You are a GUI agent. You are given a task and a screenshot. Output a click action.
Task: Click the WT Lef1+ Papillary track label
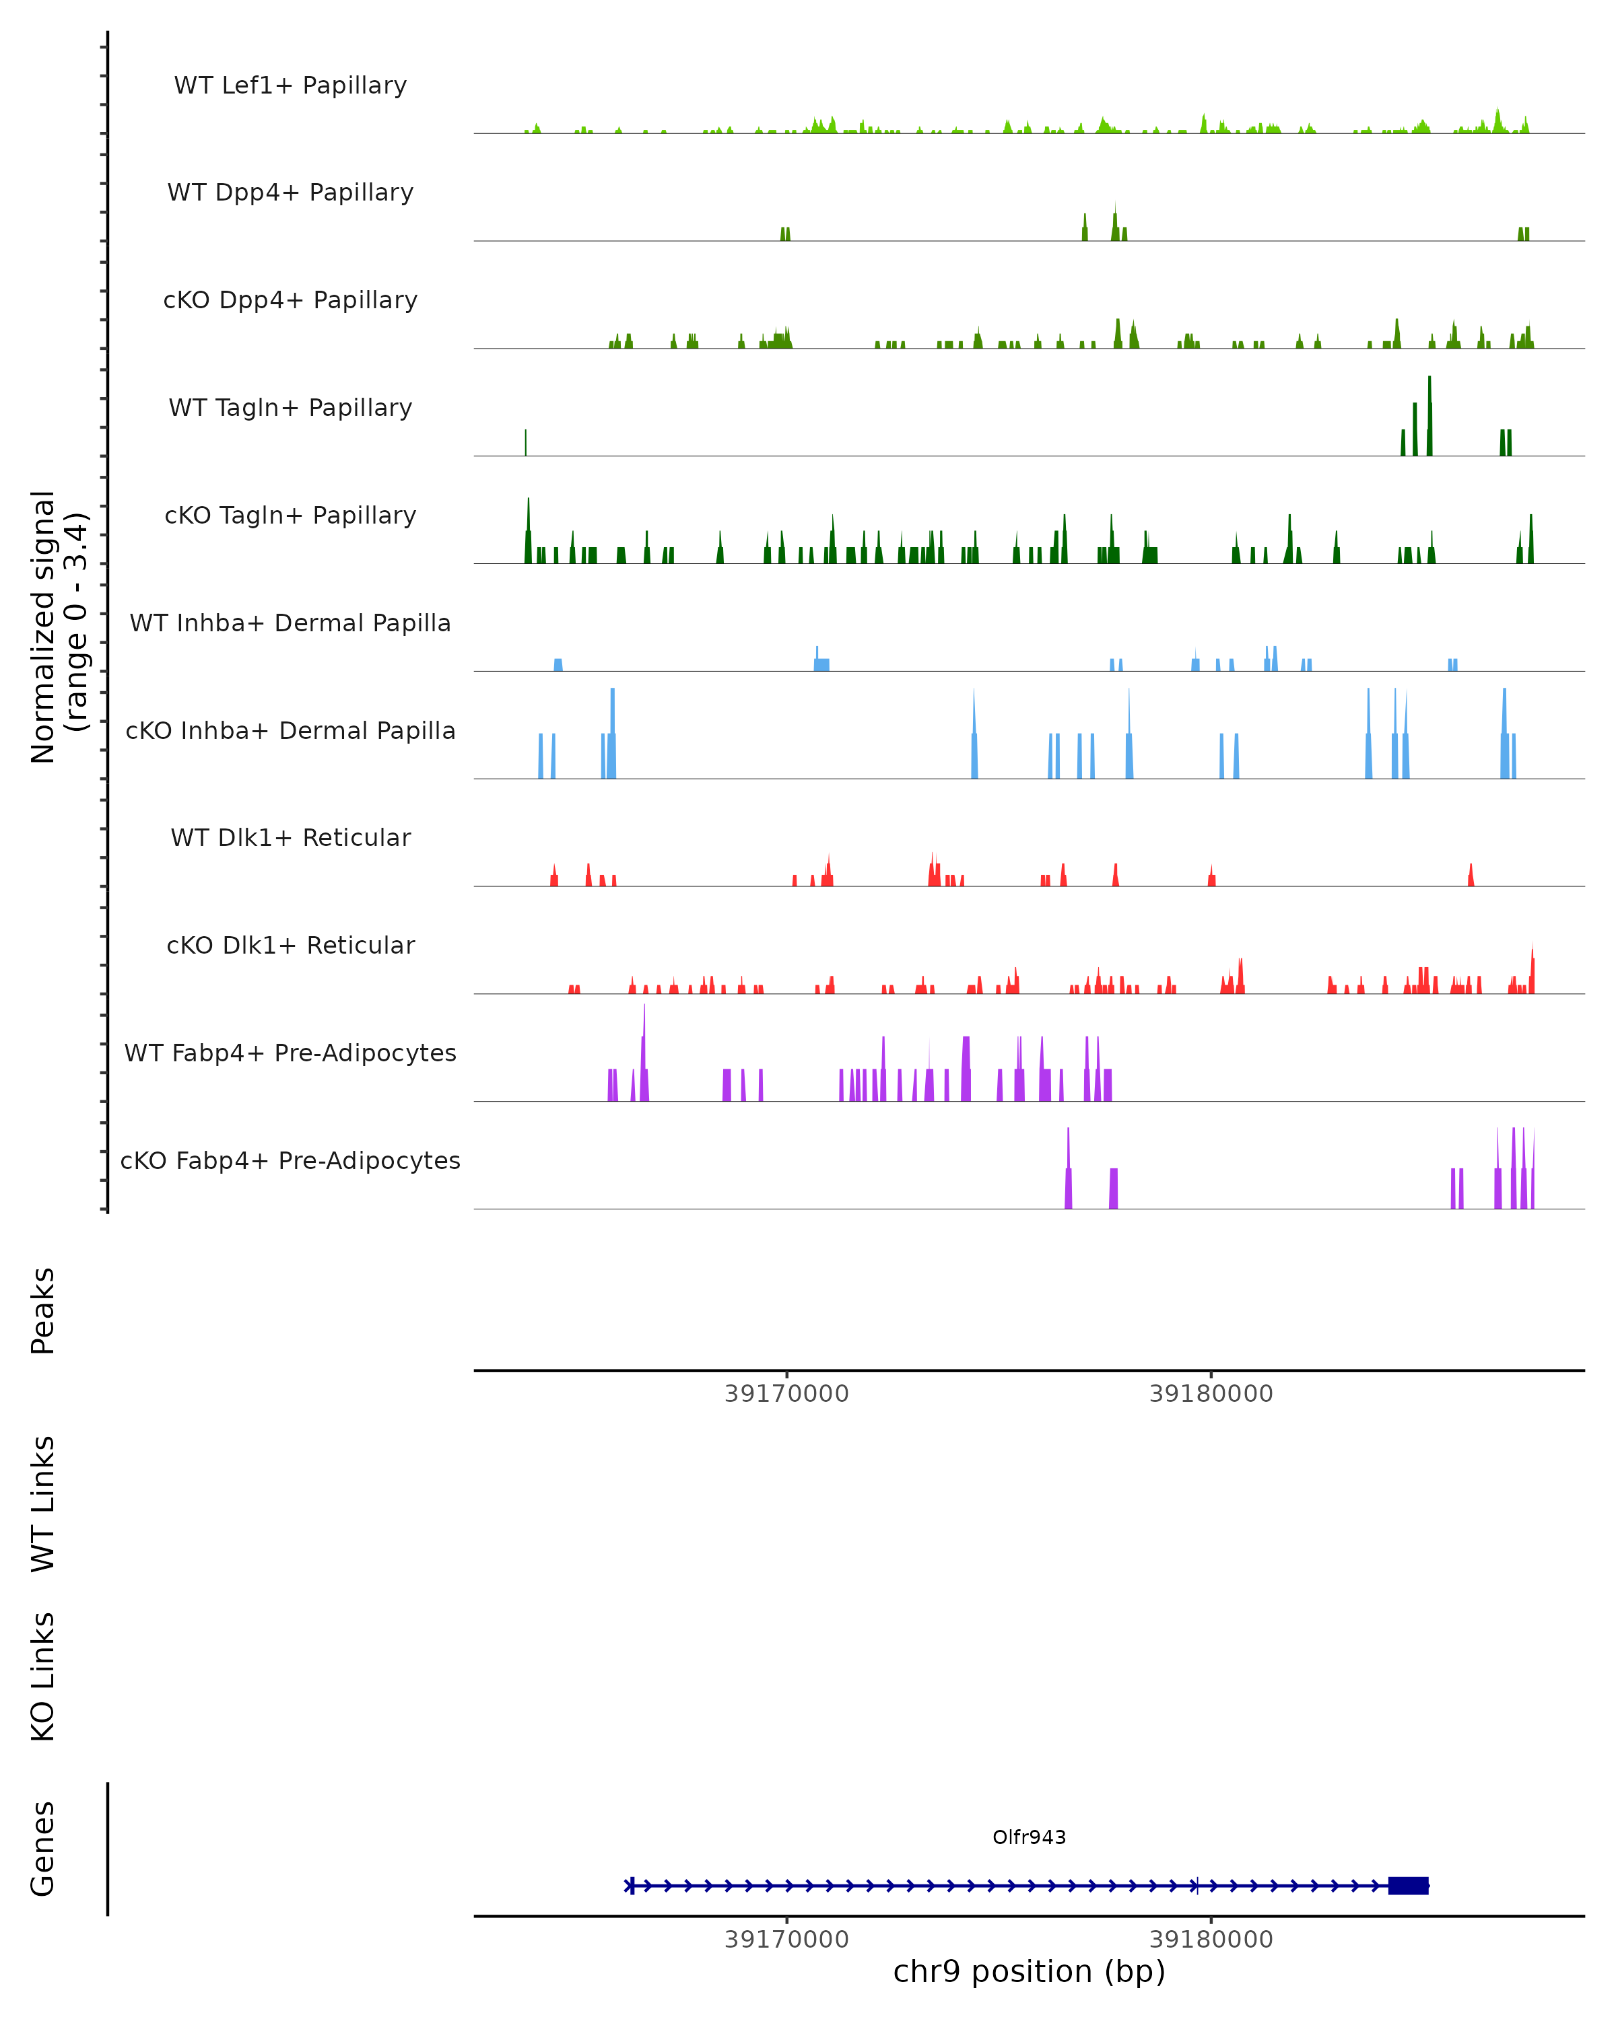click(x=290, y=85)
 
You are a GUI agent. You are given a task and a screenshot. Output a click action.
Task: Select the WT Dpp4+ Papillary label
click(x=290, y=192)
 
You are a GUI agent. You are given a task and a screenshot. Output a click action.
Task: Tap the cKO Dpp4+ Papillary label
click(x=290, y=299)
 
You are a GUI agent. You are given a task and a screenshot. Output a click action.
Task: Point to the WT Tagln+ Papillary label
click(x=290, y=407)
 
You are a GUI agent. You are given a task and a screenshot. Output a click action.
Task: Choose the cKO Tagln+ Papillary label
click(x=290, y=515)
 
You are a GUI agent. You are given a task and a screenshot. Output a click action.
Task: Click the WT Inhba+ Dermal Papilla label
click(x=290, y=623)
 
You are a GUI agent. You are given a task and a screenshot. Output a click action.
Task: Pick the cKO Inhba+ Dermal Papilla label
click(x=290, y=730)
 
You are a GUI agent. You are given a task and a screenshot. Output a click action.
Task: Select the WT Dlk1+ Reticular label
click(x=290, y=837)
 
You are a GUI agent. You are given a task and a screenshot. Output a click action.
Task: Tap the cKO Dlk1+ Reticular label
click(x=290, y=945)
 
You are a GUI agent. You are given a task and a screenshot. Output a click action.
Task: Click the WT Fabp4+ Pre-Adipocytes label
click(x=290, y=1053)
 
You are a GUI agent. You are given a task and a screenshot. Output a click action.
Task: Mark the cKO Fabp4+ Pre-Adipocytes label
click(x=290, y=1160)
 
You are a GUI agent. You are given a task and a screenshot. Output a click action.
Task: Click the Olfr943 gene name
click(x=1029, y=1837)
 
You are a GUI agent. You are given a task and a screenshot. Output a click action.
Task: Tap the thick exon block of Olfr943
click(x=1408, y=1885)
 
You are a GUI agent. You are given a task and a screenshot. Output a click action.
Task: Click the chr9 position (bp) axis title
click(x=1029, y=1971)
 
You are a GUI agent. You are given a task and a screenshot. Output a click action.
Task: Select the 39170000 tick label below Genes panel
click(x=786, y=1938)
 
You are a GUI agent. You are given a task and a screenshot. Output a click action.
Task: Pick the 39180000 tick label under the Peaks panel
click(x=1211, y=1394)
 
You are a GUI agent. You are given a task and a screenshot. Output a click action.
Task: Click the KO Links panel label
click(x=43, y=1676)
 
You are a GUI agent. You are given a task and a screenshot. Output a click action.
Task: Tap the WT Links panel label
click(x=43, y=1503)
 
